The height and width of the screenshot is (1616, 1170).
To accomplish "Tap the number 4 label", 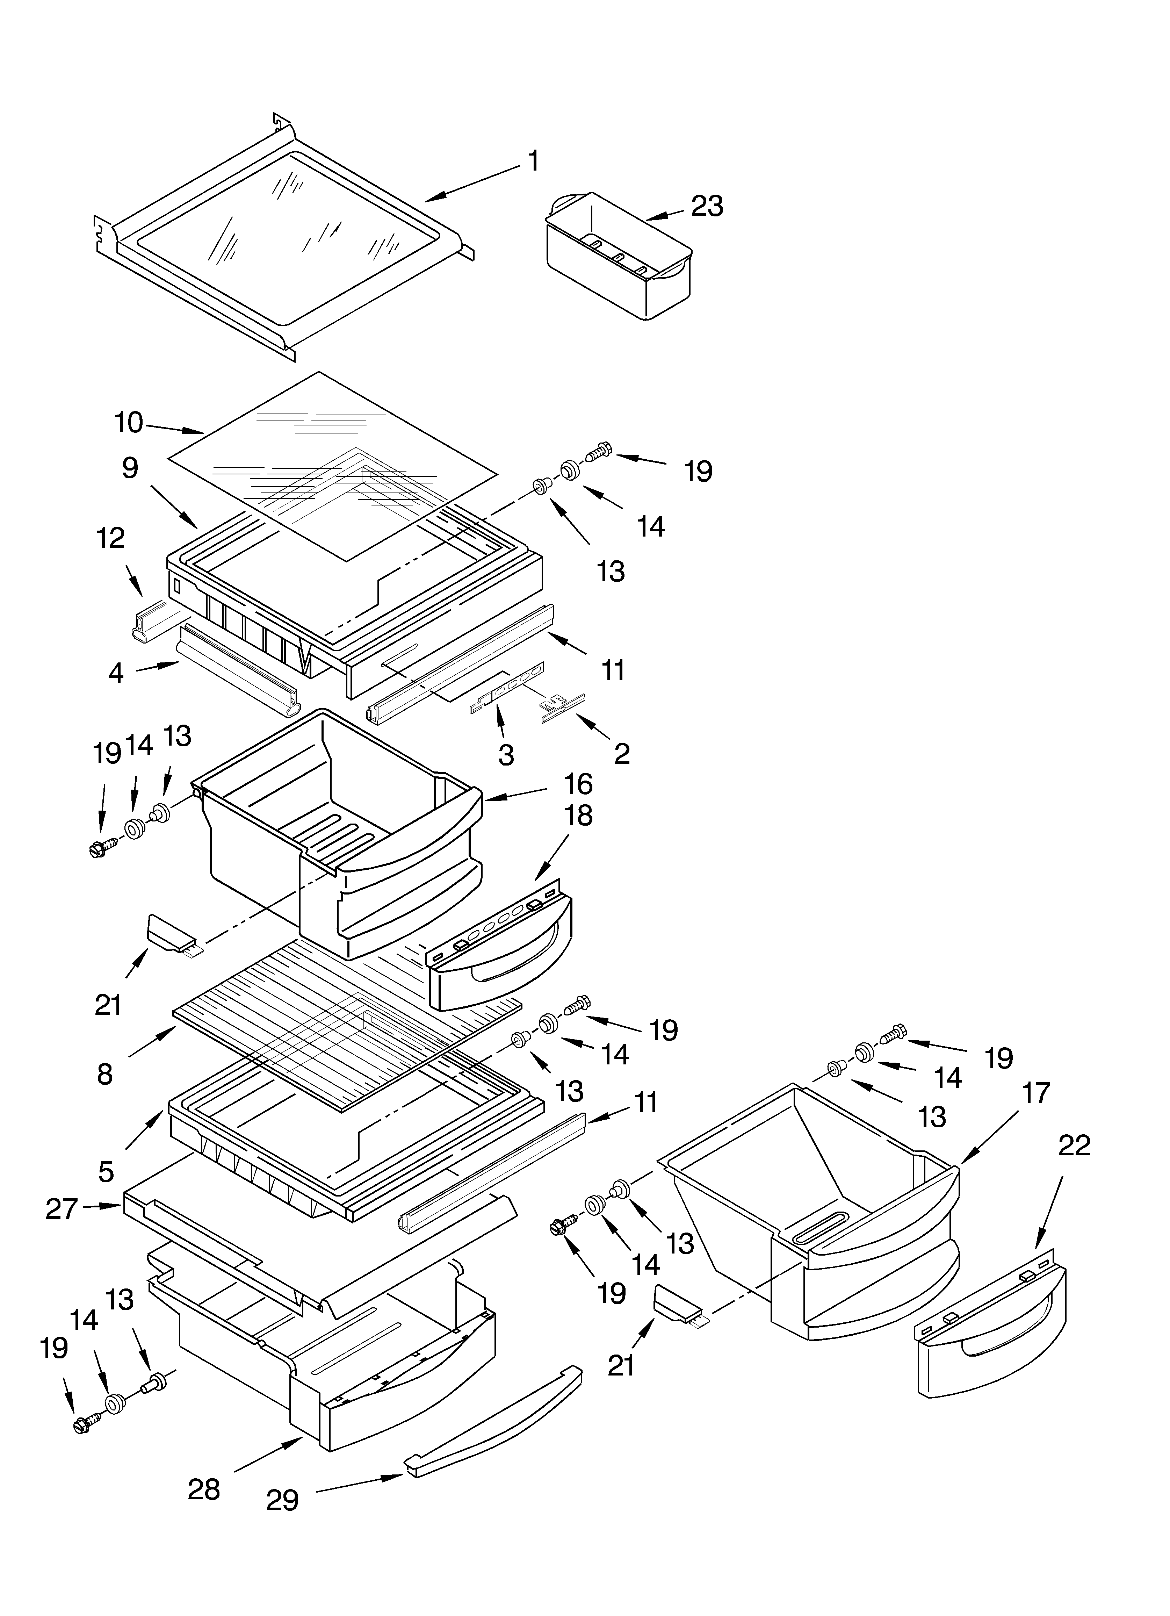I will (x=115, y=673).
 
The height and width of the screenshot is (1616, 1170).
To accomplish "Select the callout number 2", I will (x=621, y=754).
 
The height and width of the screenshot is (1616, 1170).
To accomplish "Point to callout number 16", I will (x=578, y=784).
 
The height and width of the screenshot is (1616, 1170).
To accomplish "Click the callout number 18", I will (x=578, y=816).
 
